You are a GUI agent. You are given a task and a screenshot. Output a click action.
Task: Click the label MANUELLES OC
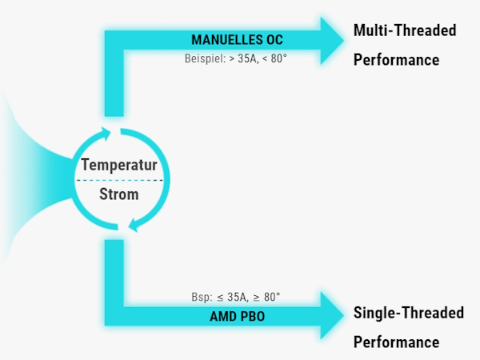pyautogui.click(x=237, y=40)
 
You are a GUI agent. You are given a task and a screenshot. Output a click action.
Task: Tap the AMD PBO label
pyautogui.click(x=238, y=317)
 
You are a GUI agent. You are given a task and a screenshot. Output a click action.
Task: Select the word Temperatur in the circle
pyautogui.click(x=119, y=165)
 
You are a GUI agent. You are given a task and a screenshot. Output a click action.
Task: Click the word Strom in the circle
pyautogui.click(x=119, y=194)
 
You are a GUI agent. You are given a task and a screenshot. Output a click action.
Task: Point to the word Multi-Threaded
pyautogui.click(x=405, y=30)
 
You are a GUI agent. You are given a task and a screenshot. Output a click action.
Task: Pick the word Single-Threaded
pyautogui.click(x=409, y=313)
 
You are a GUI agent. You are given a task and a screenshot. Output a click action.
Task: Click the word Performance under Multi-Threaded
pyautogui.click(x=397, y=60)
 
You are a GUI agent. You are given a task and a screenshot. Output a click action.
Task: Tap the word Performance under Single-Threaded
pyautogui.click(x=397, y=342)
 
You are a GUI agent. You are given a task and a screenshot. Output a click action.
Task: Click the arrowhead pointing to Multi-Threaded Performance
pyautogui.click(x=331, y=41)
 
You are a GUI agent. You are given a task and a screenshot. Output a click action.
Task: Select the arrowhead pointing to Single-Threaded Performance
pyautogui.click(x=331, y=315)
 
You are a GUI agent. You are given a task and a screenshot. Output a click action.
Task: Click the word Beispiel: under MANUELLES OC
pyautogui.click(x=205, y=58)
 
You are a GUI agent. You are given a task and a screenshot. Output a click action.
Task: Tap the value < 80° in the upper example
pyautogui.click(x=274, y=58)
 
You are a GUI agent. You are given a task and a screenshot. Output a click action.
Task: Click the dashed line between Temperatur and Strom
pyautogui.click(x=119, y=180)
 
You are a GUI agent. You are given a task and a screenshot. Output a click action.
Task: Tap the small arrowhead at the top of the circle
pyautogui.click(x=106, y=134)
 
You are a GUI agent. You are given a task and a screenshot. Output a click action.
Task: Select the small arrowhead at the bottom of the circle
pyautogui.click(x=134, y=226)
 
